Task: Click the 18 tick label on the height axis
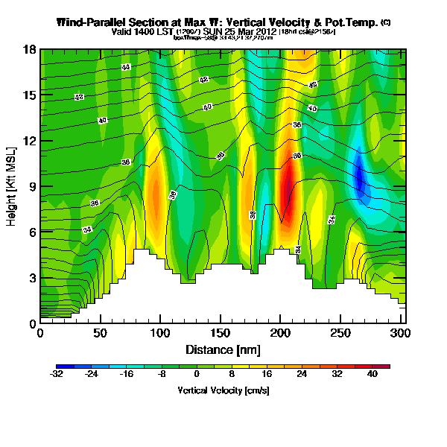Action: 30,50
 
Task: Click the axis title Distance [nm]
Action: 222,349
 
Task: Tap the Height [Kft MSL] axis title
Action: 13,186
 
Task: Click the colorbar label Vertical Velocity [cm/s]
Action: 223,390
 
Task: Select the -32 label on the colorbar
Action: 57,375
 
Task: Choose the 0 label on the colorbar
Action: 197,375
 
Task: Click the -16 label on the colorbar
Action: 127,375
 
